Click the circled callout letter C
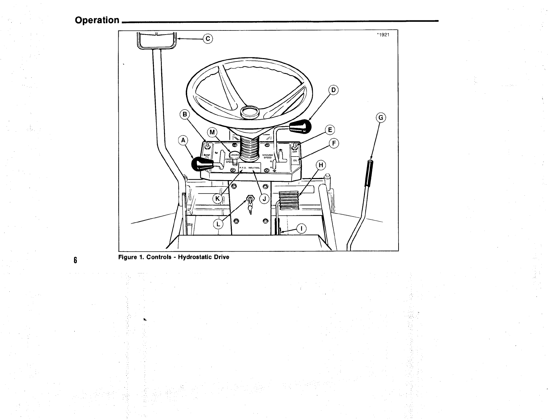click(x=208, y=38)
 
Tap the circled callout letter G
click(x=381, y=118)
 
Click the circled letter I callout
click(x=302, y=228)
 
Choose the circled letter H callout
click(x=321, y=166)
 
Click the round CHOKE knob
click(x=235, y=155)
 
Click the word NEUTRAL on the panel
click(x=254, y=168)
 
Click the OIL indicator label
click(x=295, y=160)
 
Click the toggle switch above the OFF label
click(x=295, y=146)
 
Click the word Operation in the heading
click(x=97, y=20)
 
